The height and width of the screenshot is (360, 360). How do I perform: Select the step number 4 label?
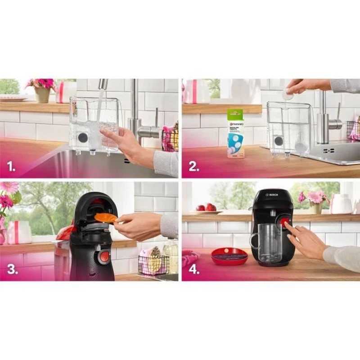click(x=194, y=270)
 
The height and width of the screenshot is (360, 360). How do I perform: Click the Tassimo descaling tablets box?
click(x=235, y=133)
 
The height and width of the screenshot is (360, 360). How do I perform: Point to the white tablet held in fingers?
click(x=288, y=94)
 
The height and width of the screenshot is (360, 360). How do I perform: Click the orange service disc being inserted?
click(x=105, y=218)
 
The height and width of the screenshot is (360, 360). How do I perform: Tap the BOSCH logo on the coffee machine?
click(x=272, y=194)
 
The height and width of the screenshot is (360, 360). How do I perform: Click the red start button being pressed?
click(x=284, y=221)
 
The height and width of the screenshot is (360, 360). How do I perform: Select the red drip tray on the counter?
click(x=229, y=256)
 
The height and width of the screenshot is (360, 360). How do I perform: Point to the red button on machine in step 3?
click(x=104, y=256)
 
